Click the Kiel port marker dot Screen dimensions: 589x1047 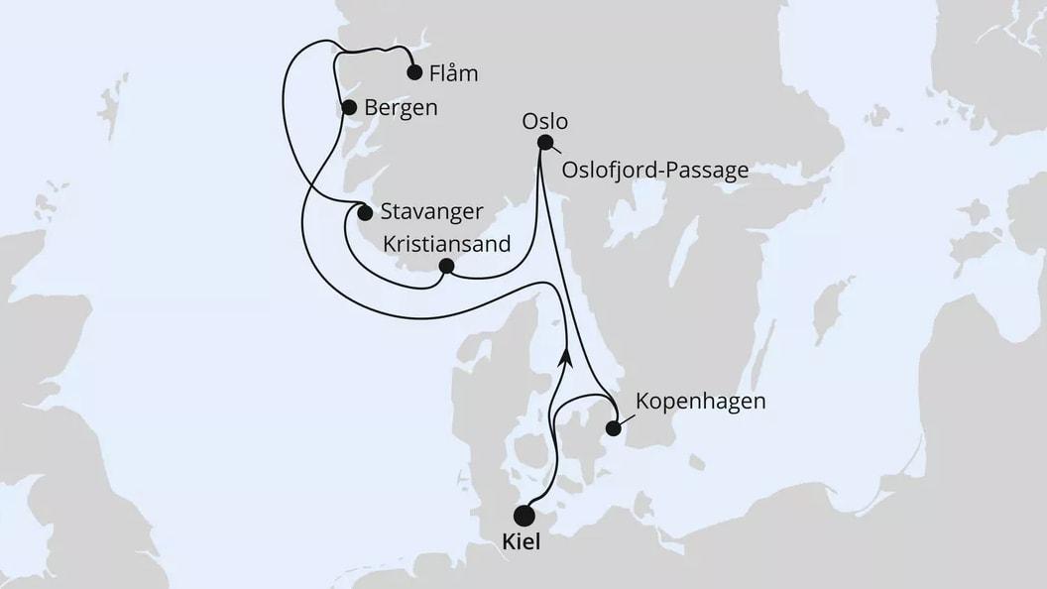click(524, 516)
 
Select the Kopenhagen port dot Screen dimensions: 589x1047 click(614, 428)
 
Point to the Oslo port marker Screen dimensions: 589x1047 click(544, 142)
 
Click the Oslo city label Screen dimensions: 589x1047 click(544, 121)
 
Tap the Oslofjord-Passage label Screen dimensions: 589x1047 click(654, 171)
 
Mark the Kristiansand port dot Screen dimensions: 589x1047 click(446, 266)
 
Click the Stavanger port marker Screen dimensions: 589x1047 click(365, 212)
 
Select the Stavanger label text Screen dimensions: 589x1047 click(432, 211)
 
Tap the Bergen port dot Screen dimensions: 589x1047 click(348, 108)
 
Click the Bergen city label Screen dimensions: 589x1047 click(402, 108)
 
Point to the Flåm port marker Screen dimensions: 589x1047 click(413, 71)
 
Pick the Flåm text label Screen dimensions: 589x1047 click(455, 72)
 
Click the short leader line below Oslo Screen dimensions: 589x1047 click(553, 151)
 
